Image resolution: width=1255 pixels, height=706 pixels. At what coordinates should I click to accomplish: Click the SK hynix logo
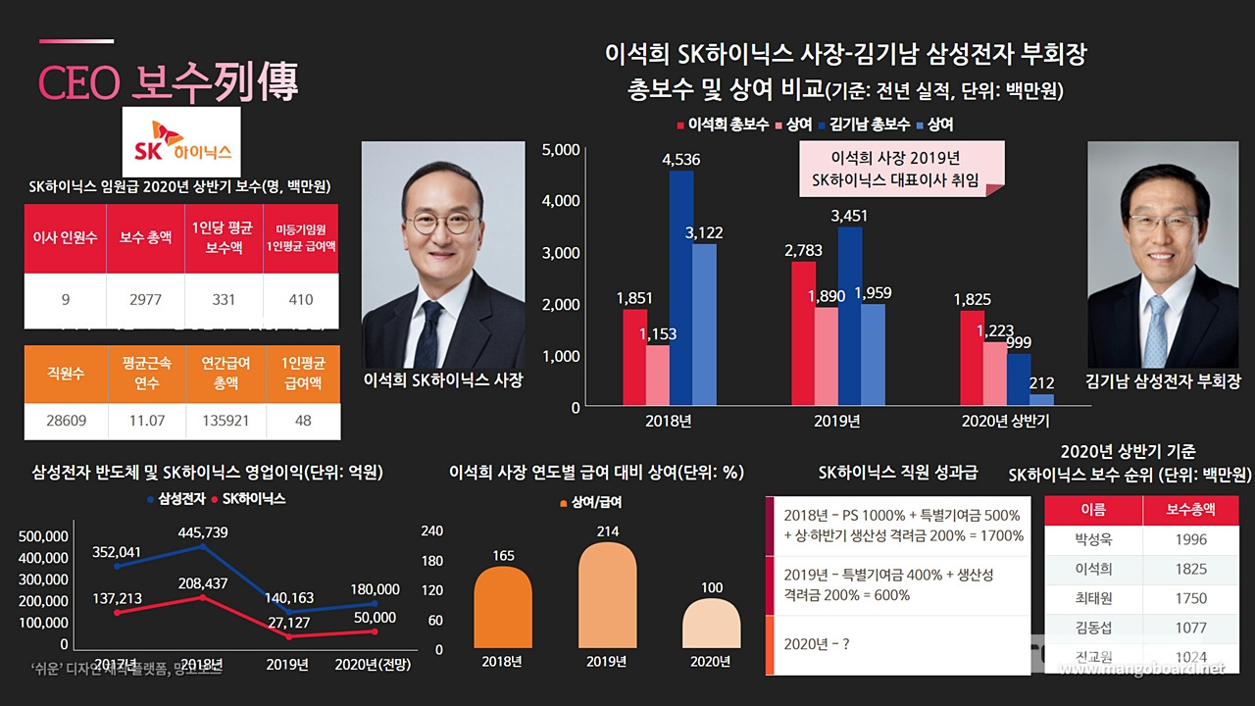[183, 142]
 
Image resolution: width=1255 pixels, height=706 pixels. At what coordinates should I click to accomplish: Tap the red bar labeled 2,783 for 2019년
[802, 333]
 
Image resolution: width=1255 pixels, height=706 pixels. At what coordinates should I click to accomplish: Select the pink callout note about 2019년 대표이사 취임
[901, 169]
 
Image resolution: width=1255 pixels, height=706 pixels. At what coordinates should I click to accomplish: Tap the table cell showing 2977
[145, 300]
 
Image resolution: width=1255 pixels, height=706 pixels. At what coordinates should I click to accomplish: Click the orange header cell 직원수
[65, 373]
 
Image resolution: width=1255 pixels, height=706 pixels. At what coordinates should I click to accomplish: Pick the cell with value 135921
[225, 421]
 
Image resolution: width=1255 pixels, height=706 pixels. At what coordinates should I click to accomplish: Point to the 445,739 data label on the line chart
[203, 531]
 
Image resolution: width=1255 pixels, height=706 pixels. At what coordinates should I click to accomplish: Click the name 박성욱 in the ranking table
[1093, 539]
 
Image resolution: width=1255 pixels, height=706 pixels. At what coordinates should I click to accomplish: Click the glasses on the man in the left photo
[440, 222]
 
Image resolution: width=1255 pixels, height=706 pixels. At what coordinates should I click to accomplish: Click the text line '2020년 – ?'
[815, 644]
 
